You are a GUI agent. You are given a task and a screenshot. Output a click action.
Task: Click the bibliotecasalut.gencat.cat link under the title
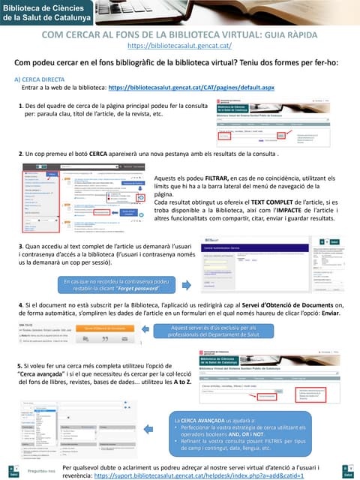point(179,45)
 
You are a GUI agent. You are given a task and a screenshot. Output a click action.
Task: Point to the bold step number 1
point(20,106)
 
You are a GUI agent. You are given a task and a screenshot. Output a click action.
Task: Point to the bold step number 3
point(20,246)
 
